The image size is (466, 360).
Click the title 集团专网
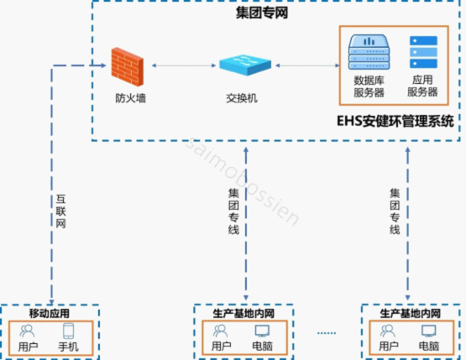tap(259, 13)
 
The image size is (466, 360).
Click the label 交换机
tap(242, 97)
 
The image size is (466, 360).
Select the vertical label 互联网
tap(61, 212)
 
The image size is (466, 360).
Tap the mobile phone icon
tap(68, 331)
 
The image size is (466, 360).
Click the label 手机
tap(68, 346)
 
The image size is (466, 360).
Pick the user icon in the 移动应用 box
tap(28, 331)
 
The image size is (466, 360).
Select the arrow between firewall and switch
tap(181, 65)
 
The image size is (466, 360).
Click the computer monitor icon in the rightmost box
tap(429, 331)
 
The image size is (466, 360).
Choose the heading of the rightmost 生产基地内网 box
tap(411, 313)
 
